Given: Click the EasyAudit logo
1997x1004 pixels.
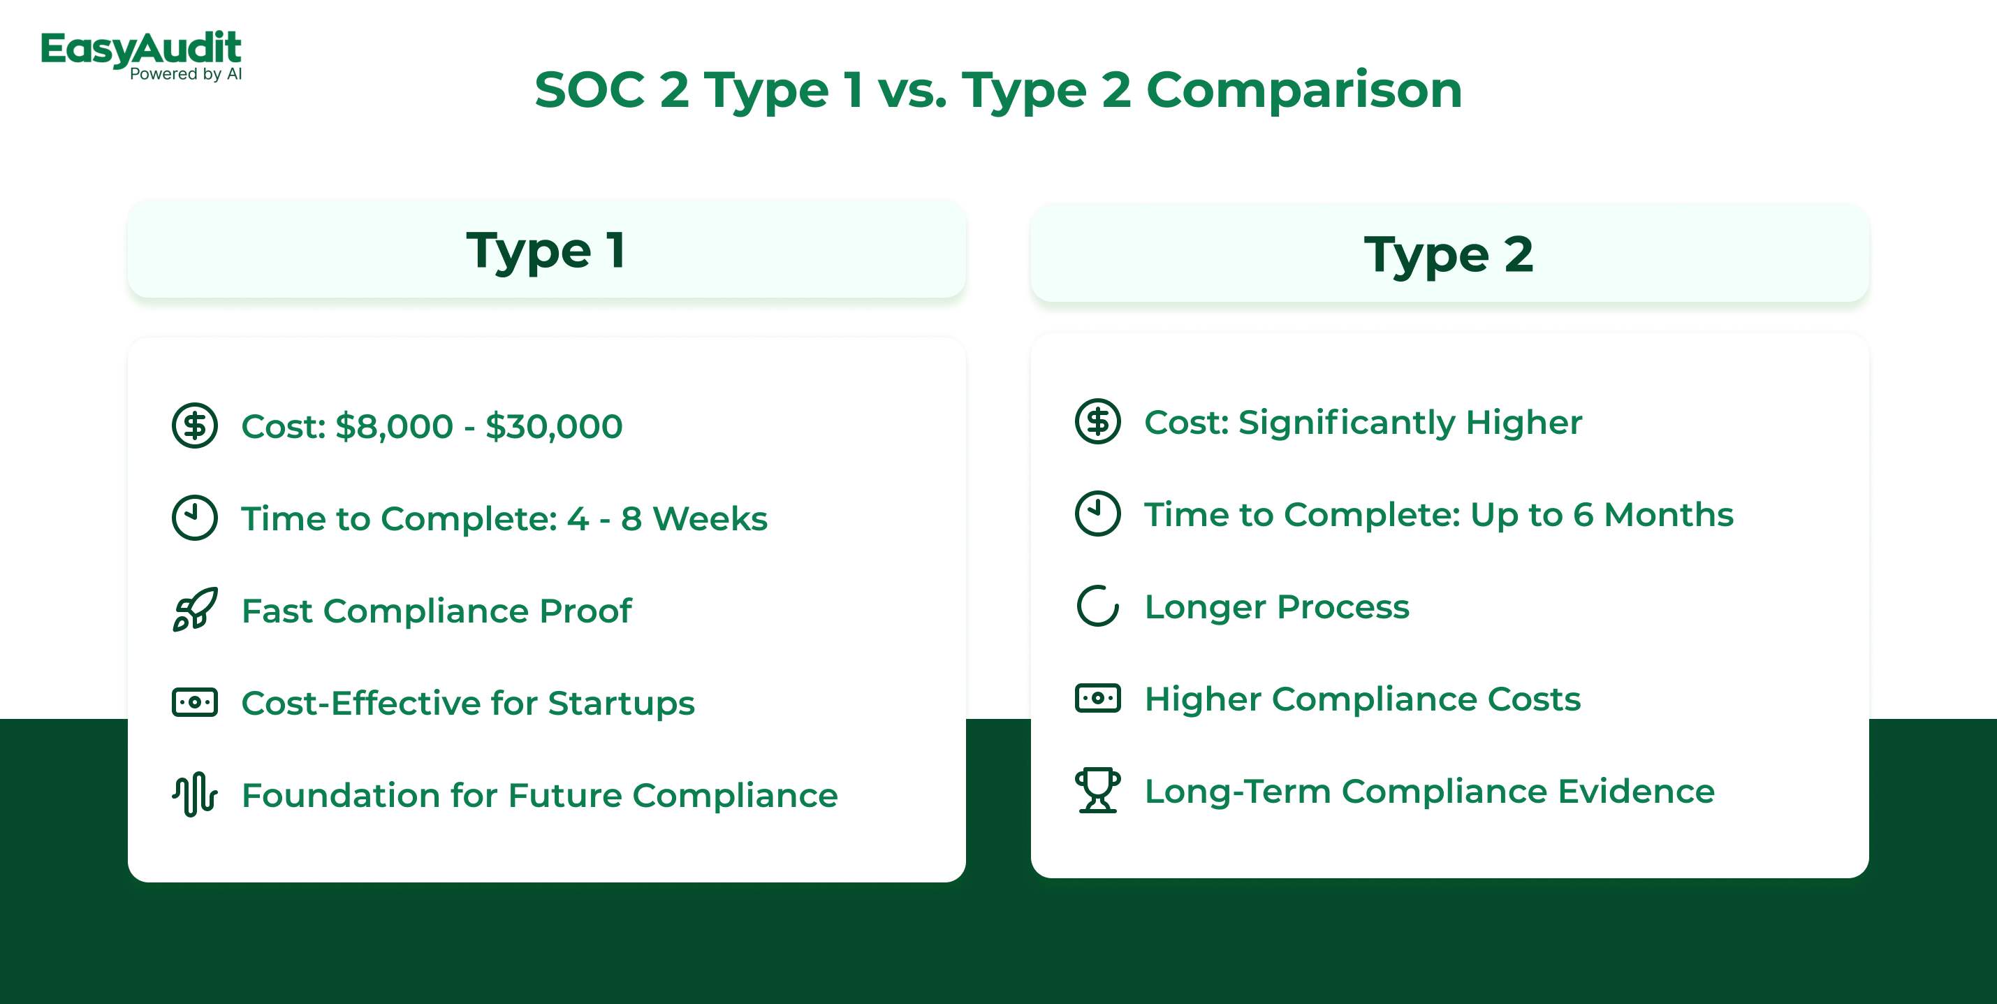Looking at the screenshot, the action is click(x=141, y=55).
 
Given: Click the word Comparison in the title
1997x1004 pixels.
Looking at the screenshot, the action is click(x=1304, y=90).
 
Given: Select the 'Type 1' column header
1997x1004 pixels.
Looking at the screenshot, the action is click(x=546, y=249).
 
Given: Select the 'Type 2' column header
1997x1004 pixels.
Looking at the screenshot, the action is click(x=1449, y=254).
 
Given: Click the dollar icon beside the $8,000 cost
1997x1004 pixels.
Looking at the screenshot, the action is click(x=195, y=425).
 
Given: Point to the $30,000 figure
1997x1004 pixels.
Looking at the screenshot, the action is click(x=553, y=426).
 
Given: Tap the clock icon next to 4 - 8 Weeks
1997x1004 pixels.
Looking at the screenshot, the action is click(x=195, y=517).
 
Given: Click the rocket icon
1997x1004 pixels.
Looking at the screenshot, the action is click(x=195, y=609).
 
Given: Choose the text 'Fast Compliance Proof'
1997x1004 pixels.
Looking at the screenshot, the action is click(x=437, y=611).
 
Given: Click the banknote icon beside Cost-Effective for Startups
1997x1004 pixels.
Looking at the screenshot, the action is click(x=195, y=702).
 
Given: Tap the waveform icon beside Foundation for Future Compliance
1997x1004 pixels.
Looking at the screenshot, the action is click(x=195, y=794).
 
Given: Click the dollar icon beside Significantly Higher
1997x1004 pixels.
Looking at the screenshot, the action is click(x=1098, y=422).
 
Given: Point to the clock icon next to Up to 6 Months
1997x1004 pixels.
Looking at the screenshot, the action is click(x=1098, y=514).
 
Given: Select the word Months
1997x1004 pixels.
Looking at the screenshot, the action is click(x=1668, y=515).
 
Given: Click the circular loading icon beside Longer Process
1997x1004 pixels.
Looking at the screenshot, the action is click(x=1098, y=606).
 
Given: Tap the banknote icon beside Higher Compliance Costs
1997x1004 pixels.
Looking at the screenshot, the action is click(x=1098, y=698).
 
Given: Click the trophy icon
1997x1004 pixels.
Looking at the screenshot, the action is click(x=1098, y=790).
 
